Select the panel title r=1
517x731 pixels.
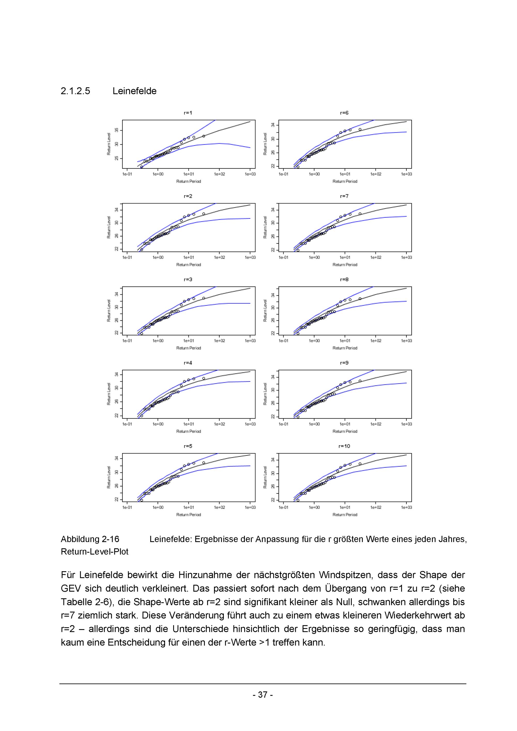(x=188, y=113)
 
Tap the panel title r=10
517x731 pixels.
(x=344, y=446)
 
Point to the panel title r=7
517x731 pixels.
(x=344, y=196)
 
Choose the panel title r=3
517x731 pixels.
(x=188, y=279)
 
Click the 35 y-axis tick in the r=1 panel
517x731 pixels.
(x=117, y=130)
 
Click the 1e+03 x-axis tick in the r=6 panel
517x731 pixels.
(x=406, y=174)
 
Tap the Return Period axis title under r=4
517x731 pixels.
(x=188, y=431)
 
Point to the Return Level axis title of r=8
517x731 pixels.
(x=265, y=310)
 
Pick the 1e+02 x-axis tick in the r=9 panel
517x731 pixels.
(x=376, y=424)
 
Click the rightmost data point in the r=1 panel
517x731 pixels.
(x=204, y=136)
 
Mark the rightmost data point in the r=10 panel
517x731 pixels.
(x=360, y=464)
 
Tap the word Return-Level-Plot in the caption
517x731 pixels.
(x=95, y=551)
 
